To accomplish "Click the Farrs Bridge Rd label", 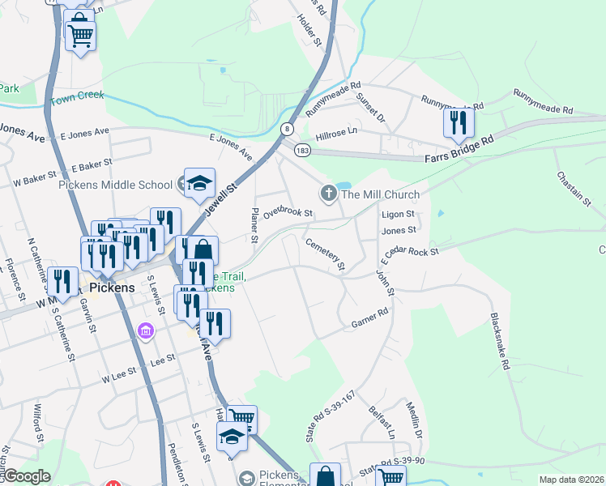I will (x=459, y=150).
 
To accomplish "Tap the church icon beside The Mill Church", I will (x=328, y=193).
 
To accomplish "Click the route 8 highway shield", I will (x=287, y=129).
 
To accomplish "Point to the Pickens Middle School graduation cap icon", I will (x=198, y=183).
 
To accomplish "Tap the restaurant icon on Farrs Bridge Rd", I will (x=459, y=122).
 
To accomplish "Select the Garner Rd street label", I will (x=369, y=318).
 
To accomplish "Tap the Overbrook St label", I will (x=288, y=212).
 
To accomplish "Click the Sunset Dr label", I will (x=372, y=108).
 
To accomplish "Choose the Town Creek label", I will (x=78, y=98).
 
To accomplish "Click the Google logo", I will (x=26, y=476).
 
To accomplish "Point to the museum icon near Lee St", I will (x=146, y=331).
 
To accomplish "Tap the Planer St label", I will (x=254, y=226).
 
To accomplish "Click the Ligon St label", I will (x=398, y=214).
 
